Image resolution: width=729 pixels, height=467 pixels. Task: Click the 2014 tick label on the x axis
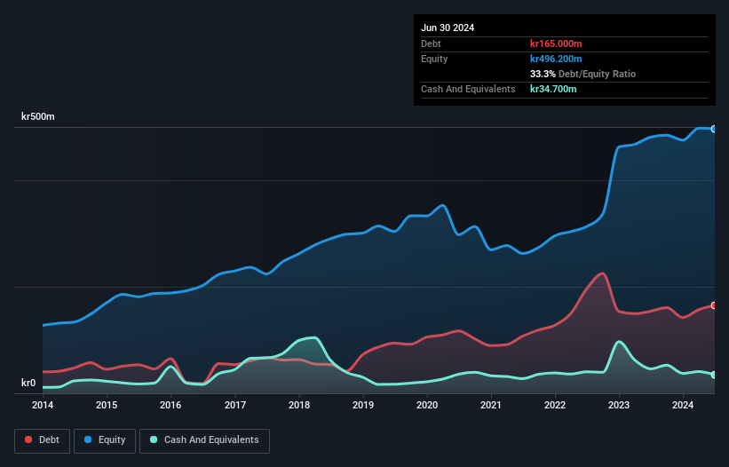(x=43, y=406)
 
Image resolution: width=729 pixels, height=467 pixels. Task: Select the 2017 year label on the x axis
(x=235, y=406)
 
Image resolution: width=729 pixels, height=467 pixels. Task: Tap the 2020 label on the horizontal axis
(x=427, y=406)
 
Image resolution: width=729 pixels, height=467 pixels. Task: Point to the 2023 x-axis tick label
(x=620, y=406)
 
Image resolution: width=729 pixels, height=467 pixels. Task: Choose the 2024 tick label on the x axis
(x=683, y=406)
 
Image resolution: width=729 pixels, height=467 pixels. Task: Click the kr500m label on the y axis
(x=38, y=117)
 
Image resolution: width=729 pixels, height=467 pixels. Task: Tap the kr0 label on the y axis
(x=28, y=384)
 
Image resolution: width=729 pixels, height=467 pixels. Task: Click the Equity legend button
(x=104, y=440)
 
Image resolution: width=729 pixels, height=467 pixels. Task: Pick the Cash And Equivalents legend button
(x=204, y=440)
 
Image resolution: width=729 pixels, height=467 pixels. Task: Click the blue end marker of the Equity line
(x=714, y=129)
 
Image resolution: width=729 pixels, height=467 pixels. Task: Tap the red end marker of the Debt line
(x=714, y=305)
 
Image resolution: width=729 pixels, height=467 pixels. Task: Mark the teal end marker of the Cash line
(x=714, y=375)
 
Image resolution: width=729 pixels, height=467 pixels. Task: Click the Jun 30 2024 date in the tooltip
(x=448, y=28)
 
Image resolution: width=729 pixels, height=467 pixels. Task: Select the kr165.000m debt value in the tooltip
(x=555, y=44)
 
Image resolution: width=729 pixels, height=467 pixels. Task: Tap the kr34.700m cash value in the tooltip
(x=552, y=89)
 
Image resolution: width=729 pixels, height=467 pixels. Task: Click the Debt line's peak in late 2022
(x=602, y=273)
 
